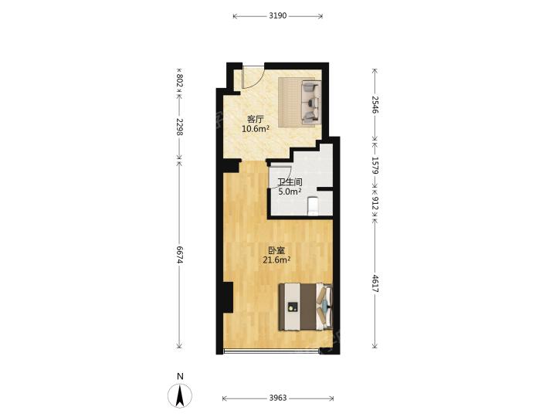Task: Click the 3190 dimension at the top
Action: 278,15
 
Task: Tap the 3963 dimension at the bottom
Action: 278,398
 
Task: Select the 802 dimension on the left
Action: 179,80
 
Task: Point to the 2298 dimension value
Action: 179,127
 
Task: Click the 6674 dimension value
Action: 179,255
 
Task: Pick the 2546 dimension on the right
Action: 375,104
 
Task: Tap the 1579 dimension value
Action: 375,165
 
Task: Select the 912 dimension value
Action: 375,203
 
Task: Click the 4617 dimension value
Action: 375,283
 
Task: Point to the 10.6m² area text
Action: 256,128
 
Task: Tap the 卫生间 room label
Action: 290,182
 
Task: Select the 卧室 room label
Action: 276,251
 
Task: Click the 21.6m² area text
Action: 276,260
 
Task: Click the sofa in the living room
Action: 311,103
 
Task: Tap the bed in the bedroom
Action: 306,307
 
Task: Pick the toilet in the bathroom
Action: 313,206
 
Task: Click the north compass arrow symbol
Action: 180,395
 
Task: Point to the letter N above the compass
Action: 180,377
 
